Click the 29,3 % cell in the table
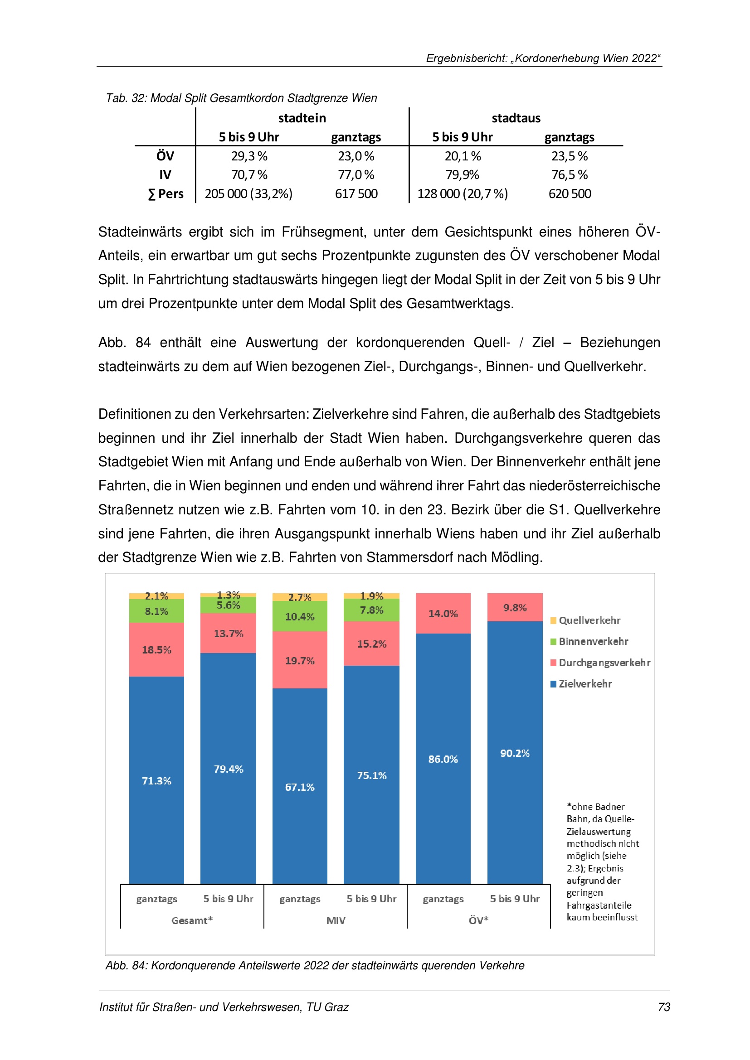click(249, 156)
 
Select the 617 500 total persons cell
click(356, 194)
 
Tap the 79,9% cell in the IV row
click(462, 174)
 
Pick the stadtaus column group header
click(516, 118)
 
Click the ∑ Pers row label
click(166, 194)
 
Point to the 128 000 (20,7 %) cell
click(462, 194)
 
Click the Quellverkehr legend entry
click(589, 620)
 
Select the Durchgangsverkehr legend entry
click(604, 663)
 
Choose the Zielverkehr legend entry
click(584, 684)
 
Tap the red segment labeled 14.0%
click(443, 614)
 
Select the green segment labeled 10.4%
click(300, 616)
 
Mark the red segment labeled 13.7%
click(228, 634)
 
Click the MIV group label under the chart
click(336, 920)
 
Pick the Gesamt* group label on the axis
click(192, 920)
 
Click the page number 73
click(664, 1007)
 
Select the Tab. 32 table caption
click(241, 98)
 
